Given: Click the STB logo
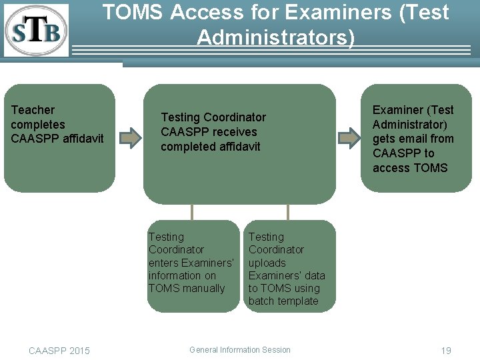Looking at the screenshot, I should [36, 30].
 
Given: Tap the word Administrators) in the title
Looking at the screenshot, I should [276, 37].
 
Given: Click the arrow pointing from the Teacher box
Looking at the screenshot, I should [131, 138].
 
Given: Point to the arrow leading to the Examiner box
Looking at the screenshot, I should [349, 138].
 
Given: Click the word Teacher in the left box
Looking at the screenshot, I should [33, 110].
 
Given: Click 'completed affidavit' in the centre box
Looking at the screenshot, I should [211, 147].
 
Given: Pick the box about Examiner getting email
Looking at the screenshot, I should [417, 138].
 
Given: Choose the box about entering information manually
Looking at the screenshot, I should [193, 265].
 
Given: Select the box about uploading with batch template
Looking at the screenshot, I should [289, 265].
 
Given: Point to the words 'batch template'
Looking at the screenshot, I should [283, 301].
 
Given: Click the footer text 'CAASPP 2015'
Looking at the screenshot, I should [59, 351].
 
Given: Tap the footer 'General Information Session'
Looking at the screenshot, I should [240, 349].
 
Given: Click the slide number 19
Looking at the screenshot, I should [446, 351].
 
